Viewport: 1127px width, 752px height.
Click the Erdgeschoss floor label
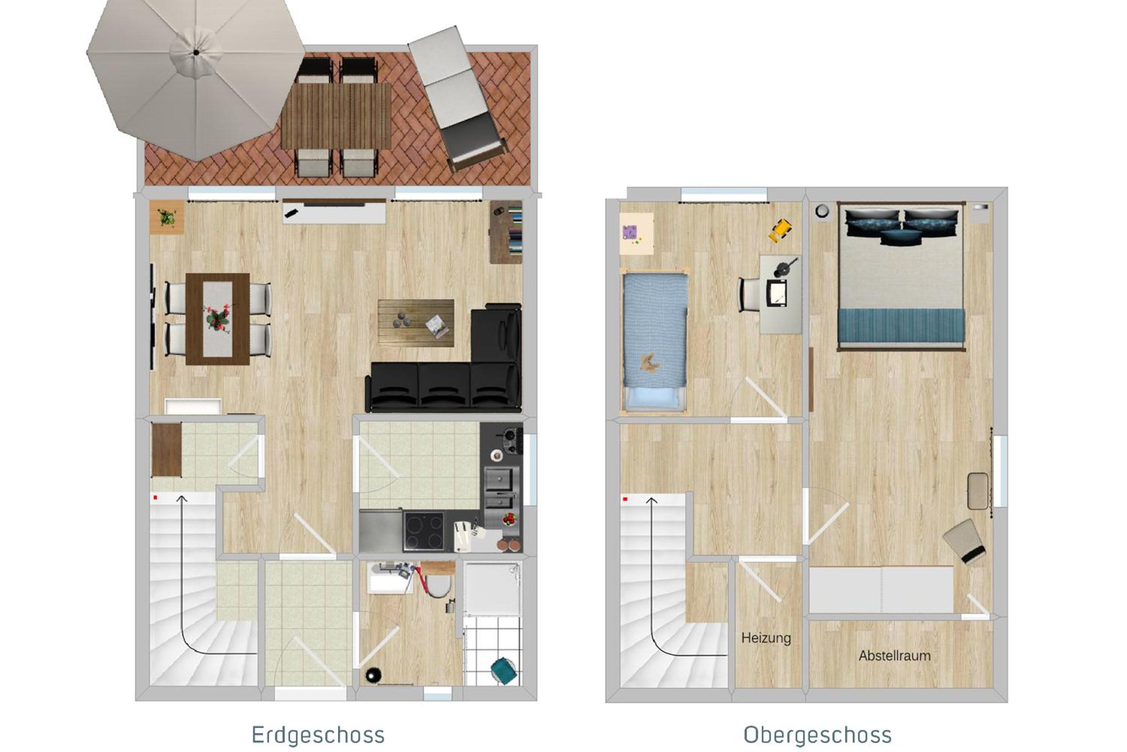click(x=318, y=735)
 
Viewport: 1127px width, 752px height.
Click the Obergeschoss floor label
click(x=818, y=735)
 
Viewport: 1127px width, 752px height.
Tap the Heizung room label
click(x=766, y=638)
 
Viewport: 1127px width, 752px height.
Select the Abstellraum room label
click(x=895, y=656)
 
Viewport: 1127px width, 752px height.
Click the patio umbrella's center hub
click(x=196, y=52)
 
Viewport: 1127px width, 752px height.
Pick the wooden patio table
click(x=336, y=116)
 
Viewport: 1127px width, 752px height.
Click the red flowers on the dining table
click(x=217, y=318)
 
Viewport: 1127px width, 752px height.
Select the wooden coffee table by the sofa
click(x=416, y=322)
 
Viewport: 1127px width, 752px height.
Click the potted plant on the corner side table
click(x=167, y=218)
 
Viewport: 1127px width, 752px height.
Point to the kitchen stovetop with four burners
click(x=424, y=531)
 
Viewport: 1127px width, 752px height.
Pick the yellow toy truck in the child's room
click(x=780, y=230)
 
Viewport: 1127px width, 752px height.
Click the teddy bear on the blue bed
click(x=649, y=363)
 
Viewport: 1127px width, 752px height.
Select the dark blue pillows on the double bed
click(x=901, y=226)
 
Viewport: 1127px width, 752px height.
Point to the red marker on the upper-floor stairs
click(x=625, y=499)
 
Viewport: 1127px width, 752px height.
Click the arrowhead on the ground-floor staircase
click(x=182, y=499)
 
